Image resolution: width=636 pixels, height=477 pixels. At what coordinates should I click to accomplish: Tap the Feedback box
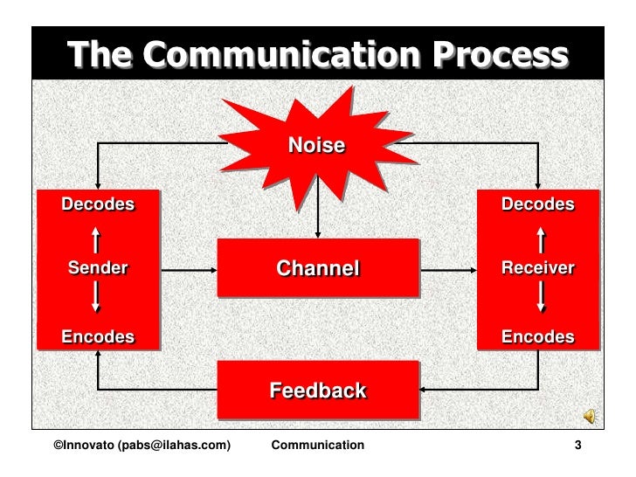coord(317,390)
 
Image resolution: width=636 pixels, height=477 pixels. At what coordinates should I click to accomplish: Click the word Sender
coord(98,268)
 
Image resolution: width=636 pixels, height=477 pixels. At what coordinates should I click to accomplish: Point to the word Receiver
coord(537,268)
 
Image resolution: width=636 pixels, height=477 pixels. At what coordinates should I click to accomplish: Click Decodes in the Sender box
coord(98,205)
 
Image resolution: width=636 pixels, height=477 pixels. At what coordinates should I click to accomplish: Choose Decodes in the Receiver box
coord(537,205)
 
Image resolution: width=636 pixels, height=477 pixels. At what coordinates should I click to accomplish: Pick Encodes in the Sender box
coord(98,336)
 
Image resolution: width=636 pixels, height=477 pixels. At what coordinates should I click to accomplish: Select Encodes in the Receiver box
coord(537,336)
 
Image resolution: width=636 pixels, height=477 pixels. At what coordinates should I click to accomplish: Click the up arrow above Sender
coord(97,237)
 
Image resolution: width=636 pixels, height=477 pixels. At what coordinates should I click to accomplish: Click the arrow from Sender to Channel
coord(189,269)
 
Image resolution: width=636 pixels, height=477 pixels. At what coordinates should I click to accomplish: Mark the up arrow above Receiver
coord(543,237)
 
